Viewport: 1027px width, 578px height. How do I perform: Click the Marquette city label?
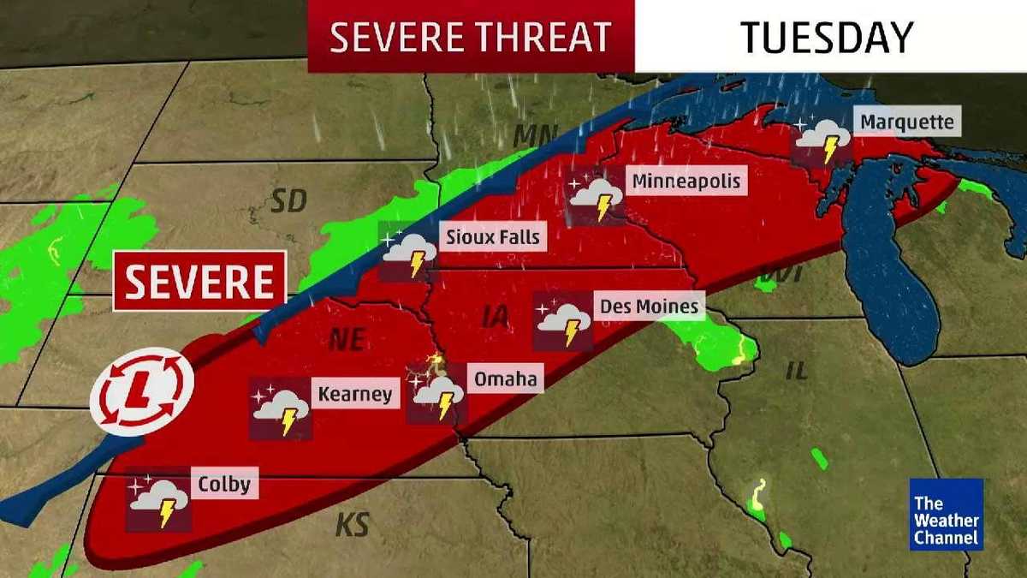coord(906,122)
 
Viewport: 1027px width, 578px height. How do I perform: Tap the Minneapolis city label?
coord(685,182)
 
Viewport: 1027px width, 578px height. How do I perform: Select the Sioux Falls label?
coord(493,236)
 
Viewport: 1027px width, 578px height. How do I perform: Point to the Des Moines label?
coord(650,306)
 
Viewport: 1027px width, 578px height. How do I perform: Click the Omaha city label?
coord(505,378)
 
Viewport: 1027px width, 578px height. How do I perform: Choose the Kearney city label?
coord(354,394)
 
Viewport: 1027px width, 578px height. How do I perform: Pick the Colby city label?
coord(224,485)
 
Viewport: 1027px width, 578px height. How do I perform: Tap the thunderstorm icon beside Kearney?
coord(281,409)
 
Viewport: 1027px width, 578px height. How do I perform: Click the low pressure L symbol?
coord(142,392)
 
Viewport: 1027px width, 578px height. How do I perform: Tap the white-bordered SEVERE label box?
coord(200,281)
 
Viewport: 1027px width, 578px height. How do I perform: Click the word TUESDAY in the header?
coord(826,37)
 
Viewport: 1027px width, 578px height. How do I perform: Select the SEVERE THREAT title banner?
coord(471,37)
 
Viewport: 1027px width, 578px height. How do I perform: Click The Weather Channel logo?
coord(946,514)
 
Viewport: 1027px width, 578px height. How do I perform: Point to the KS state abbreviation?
coord(352,523)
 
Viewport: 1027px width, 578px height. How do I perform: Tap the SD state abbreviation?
coord(288,202)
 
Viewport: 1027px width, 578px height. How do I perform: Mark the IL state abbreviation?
coord(797,371)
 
